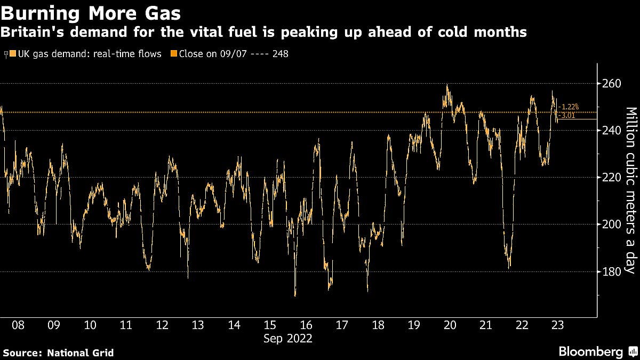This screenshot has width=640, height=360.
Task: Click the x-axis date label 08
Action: pos(18,325)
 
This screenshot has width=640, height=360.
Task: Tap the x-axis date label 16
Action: pos(306,325)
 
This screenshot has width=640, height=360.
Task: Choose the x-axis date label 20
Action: pos(450,325)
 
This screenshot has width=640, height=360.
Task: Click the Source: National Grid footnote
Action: pos(58,353)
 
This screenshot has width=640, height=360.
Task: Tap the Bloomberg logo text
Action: pos(590,352)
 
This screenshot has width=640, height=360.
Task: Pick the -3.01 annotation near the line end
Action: pos(567,115)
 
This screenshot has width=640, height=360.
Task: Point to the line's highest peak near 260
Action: pos(447,85)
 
